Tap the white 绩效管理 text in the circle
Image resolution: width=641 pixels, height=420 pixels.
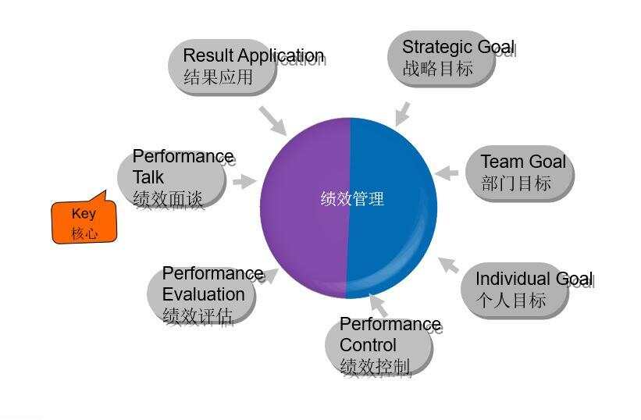tap(352, 198)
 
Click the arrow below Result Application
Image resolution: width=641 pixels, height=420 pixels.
tap(273, 121)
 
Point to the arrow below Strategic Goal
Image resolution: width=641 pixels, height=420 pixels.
tap(402, 114)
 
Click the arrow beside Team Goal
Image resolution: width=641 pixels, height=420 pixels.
tap(447, 173)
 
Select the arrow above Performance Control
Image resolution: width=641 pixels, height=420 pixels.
tap(378, 305)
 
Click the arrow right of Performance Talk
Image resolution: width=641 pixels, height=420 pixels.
tap(244, 182)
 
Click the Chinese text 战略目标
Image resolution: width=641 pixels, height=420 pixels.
tap(438, 68)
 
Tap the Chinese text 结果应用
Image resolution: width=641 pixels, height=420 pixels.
tap(219, 77)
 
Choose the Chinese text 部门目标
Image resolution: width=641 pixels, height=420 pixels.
tap(516, 183)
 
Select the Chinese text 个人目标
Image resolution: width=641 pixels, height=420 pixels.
tap(511, 300)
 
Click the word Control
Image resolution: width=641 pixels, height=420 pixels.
tap(368, 345)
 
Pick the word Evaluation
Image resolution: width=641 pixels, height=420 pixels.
tap(204, 294)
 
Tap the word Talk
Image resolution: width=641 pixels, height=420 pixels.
tap(148, 177)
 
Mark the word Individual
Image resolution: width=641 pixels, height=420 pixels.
tap(507, 279)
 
